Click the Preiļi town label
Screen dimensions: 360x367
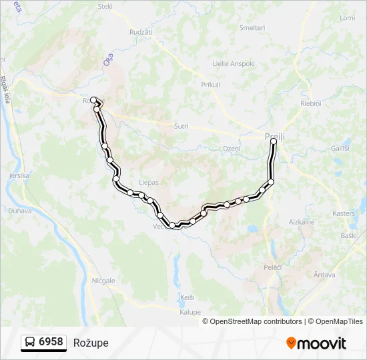coord(274,137)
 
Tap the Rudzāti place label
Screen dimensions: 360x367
coord(141,31)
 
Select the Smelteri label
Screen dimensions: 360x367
coord(252,28)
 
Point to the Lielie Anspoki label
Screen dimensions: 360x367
coord(234,64)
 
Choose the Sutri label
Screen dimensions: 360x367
coord(181,126)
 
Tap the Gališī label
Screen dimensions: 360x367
coord(339,148)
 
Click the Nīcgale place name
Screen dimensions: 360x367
coord(104,281)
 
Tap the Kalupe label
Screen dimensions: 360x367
coord(190,312)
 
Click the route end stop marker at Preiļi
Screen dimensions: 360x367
coord(274,141)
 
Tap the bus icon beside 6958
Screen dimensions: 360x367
coord(29,343)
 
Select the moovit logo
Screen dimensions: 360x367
coord(316,343)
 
